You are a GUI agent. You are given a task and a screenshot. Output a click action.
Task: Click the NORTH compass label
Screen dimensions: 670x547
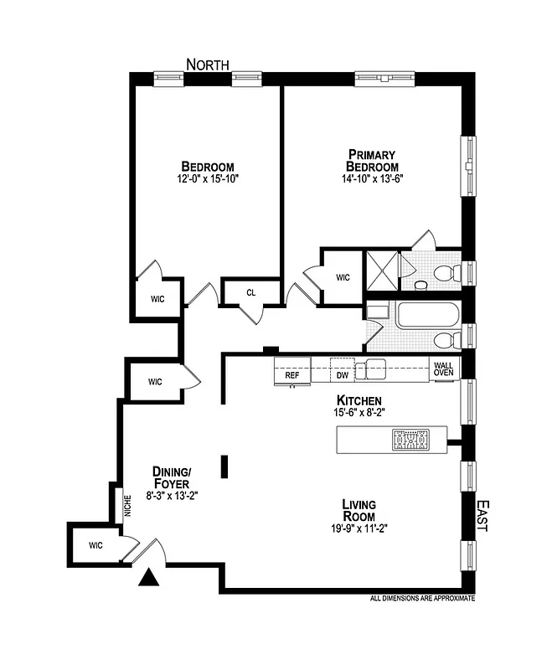click(208, 64)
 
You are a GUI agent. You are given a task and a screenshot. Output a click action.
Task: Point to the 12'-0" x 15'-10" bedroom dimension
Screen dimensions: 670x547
click(208, 179)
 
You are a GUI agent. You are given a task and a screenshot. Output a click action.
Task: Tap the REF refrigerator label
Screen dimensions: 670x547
click(292, 375)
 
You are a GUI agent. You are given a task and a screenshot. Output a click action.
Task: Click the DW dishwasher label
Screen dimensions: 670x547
click(342, 375)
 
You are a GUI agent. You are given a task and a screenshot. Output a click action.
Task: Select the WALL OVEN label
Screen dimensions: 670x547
click(443, 368)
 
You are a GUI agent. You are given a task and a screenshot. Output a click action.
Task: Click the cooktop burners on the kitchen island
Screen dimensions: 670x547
click(411, 440)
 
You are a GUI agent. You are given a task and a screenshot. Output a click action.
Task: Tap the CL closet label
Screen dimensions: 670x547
click(250, 292)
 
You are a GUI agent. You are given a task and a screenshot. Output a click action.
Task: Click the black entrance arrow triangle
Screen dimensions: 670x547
click(150, 577)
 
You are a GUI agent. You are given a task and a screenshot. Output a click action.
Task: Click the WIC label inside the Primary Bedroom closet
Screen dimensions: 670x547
click(343, 277)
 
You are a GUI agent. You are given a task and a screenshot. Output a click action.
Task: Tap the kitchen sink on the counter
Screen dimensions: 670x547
click(370, 369)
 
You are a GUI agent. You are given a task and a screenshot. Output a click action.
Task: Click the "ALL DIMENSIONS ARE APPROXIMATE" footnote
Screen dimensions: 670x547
click(422, 599)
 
